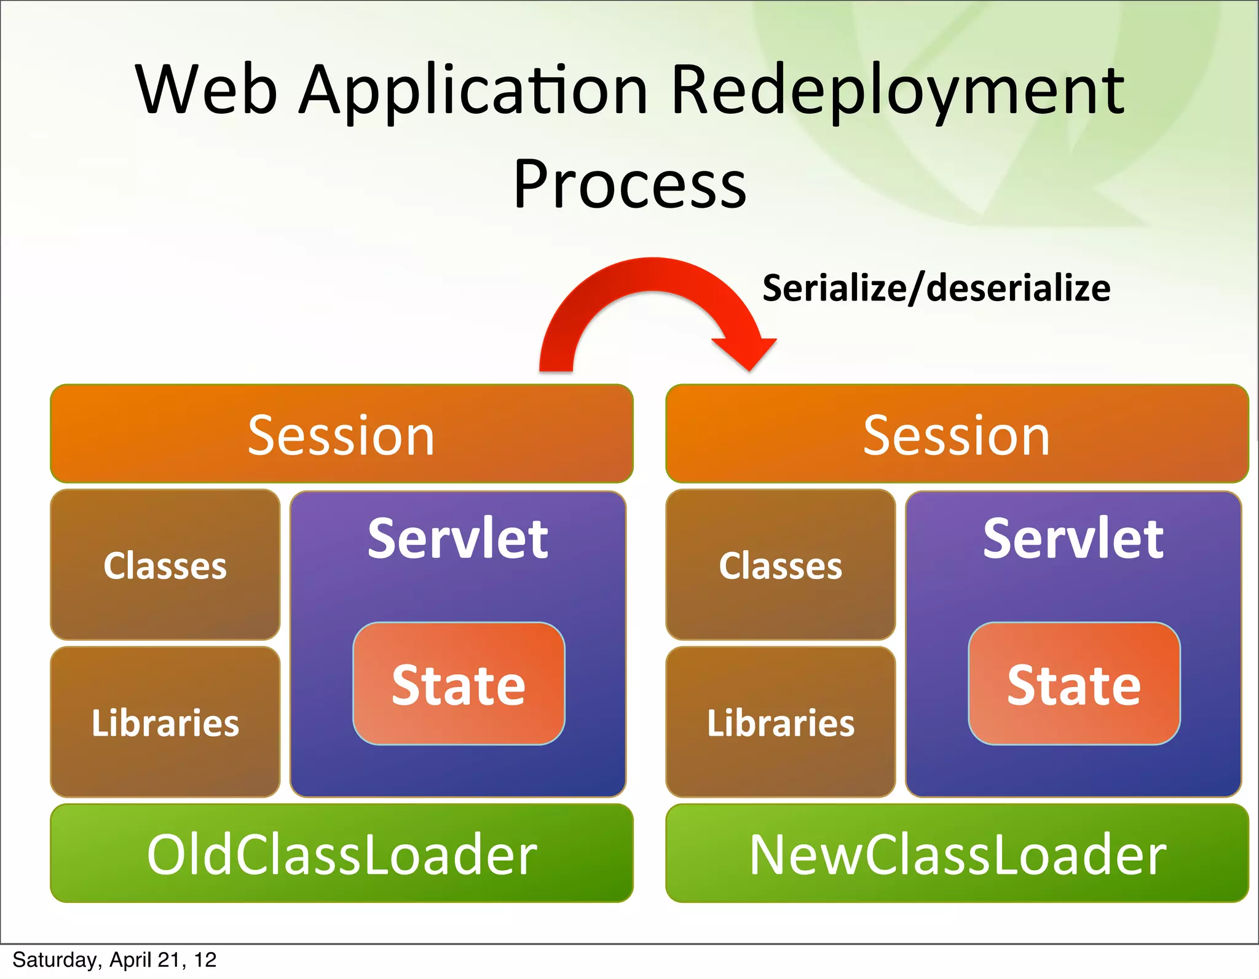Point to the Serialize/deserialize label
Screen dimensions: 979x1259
[936, 288]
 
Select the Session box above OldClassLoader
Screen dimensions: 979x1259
[341, 434]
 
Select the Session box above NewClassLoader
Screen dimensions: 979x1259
[957, 434]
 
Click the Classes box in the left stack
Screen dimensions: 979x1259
[165, 565]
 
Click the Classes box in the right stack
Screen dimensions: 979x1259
[780, 565]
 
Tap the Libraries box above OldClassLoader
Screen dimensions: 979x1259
[165, 722]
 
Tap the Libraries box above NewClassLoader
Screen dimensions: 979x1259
[780, 722]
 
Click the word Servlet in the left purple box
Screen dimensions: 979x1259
[457, 539]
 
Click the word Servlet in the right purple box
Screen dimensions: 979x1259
[1073, 539]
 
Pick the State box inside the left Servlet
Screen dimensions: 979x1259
[459, 684]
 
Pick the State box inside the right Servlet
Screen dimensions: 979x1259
[1074, 684]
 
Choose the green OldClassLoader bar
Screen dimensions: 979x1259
[341, 854]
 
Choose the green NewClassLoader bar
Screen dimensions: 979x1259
[957, 854]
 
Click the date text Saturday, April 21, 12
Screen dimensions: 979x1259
[114, 960]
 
